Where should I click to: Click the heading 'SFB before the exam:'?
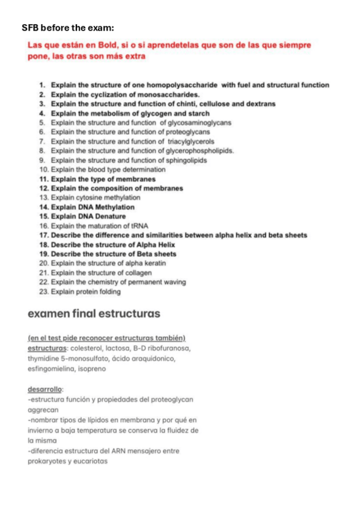[67, 28]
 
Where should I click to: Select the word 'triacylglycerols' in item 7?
[192, 141]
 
